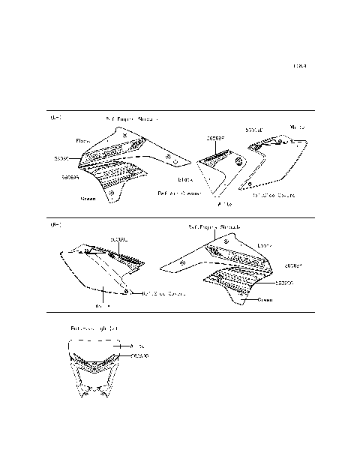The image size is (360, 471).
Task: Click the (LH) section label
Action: point(55,118)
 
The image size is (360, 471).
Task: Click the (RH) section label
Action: point(55,225)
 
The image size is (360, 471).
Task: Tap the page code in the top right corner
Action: point(300,67)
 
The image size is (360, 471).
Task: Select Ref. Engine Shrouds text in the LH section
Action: point(132,118)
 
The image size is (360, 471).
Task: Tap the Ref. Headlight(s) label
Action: point(94,328)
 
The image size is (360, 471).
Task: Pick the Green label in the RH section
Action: point(265,299)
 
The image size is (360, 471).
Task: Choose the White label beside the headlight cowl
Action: point(137,346)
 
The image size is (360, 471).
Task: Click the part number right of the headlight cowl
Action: point(139,355)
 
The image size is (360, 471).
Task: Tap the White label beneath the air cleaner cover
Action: point(224,203)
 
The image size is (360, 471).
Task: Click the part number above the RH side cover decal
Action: point(119,239)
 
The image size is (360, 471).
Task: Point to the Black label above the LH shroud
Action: point(82,140)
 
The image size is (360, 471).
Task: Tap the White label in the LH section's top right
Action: point(297,127)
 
